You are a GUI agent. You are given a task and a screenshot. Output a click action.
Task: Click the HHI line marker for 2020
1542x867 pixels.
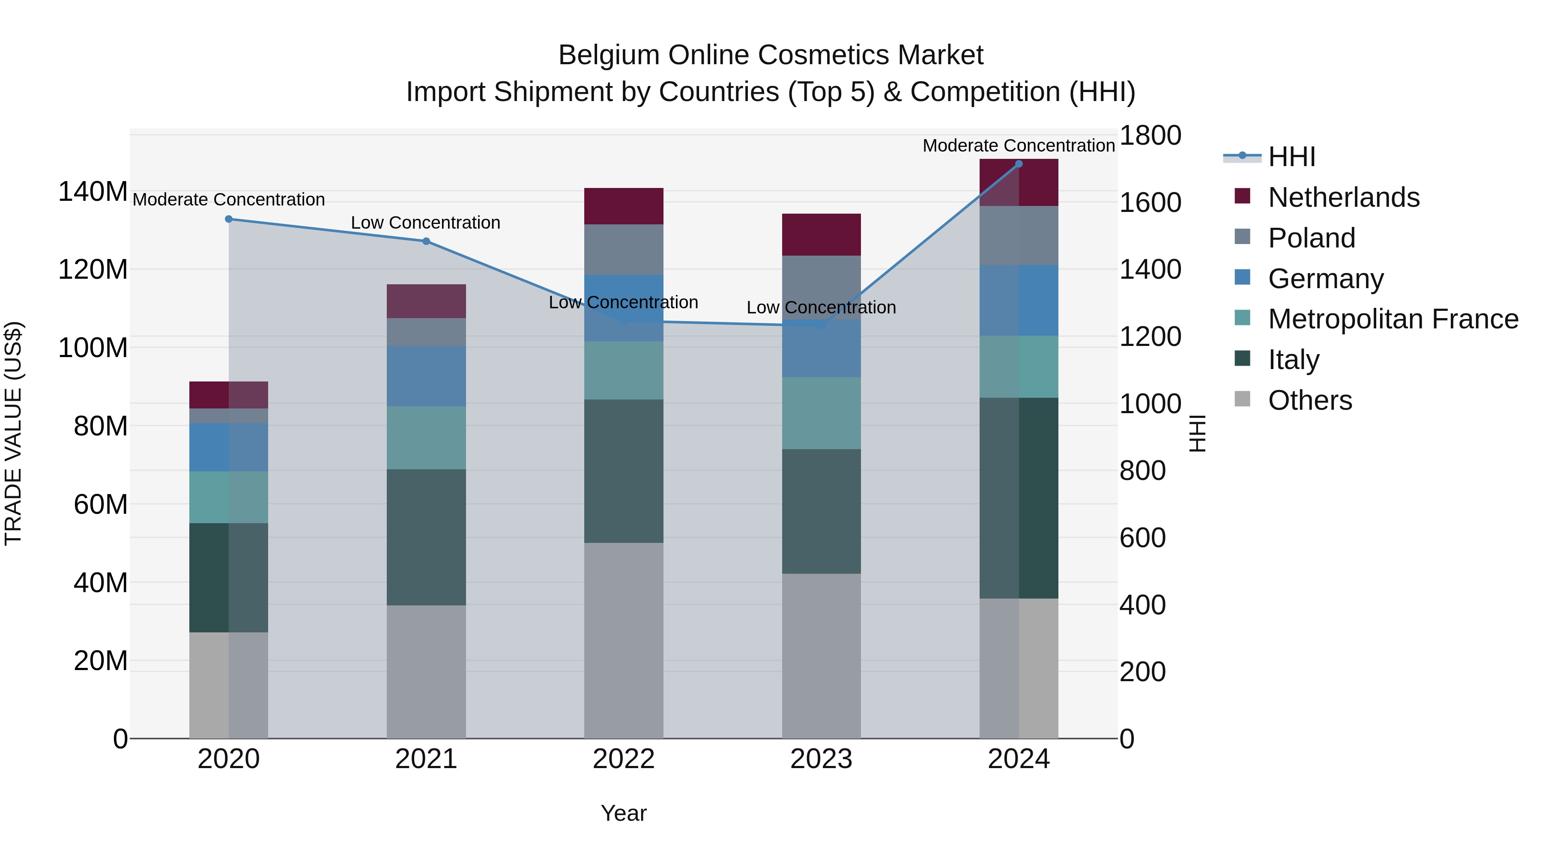229,219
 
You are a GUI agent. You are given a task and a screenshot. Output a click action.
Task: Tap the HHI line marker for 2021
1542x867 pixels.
426,241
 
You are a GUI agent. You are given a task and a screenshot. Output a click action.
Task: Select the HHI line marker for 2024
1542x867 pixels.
1019,164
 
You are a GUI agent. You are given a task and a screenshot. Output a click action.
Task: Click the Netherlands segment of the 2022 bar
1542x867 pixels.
624,206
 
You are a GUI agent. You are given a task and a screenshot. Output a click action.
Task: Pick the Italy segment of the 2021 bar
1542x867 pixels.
426,537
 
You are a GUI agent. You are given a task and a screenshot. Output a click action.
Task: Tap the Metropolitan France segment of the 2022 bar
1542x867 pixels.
624,370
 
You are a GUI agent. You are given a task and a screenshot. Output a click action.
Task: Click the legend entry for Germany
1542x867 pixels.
1325,279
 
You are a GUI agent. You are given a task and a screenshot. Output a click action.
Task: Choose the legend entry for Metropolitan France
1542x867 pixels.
1393,319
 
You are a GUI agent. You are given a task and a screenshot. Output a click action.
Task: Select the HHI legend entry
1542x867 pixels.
1291,157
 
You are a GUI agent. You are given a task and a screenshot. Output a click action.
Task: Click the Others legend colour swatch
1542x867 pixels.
1243,399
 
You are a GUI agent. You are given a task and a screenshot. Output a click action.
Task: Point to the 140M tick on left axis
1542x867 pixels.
93,192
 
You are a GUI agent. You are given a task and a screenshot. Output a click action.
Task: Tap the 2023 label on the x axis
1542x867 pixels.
821,759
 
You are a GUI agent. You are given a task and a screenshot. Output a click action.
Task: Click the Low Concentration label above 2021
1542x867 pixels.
426,223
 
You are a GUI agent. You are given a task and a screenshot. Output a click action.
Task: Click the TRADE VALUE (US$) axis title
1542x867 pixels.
13,433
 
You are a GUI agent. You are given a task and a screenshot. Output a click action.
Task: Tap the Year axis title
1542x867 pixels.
624,813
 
